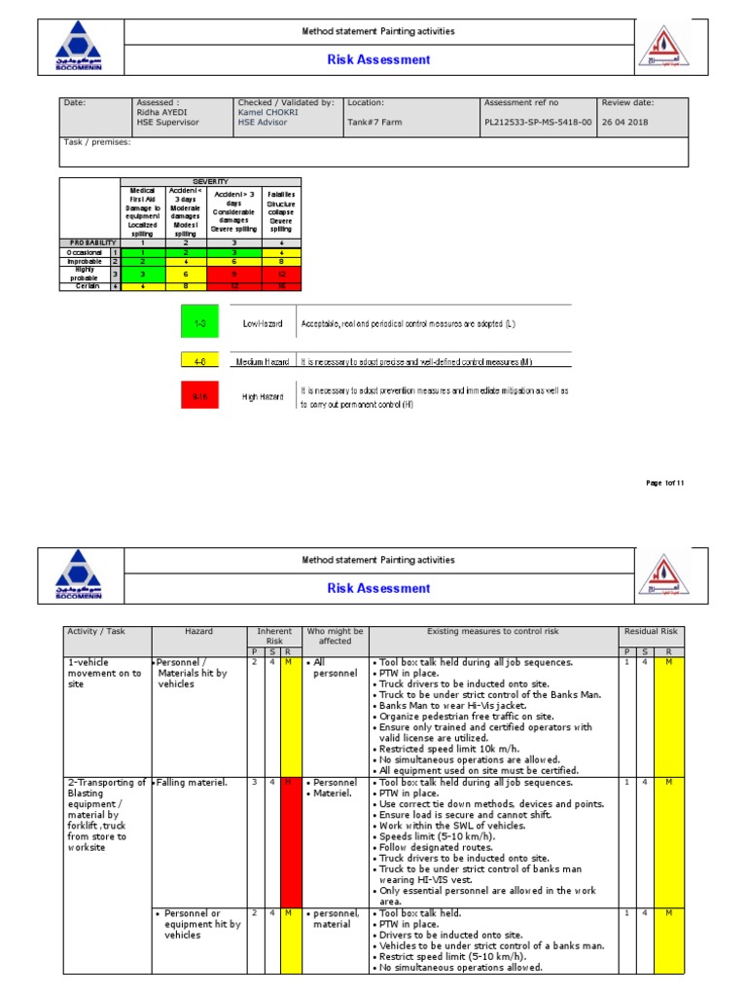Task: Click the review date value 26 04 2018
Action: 624,123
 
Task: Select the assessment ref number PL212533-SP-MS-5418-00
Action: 537,123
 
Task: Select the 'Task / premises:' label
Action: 97,142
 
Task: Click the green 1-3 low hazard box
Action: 198,321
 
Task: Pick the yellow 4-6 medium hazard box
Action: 198,360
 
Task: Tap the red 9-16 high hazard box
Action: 198,396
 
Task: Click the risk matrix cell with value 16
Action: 281,286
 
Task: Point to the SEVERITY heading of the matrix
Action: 210,182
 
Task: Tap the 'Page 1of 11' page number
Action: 665,484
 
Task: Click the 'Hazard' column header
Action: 197,631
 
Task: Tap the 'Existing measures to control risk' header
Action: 495,631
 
